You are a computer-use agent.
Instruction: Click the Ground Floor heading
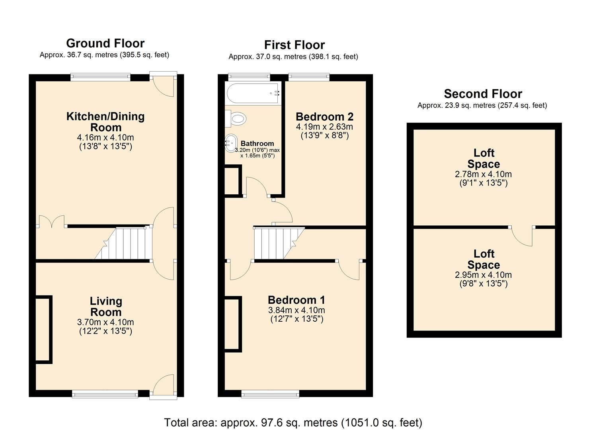105,43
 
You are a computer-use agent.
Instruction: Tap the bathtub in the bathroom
252,94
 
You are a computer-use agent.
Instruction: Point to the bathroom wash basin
231,143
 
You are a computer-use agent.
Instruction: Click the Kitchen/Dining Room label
105,122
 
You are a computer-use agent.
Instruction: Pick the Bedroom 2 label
324,117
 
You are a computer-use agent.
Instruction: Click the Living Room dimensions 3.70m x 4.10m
105,322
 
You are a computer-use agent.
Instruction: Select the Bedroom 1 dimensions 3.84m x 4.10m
296,310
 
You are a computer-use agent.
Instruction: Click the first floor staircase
275,243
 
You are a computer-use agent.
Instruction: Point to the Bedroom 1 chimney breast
233,324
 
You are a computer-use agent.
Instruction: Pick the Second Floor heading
483,94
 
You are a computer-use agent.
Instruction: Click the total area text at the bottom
293,422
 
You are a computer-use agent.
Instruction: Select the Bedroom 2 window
309,77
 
